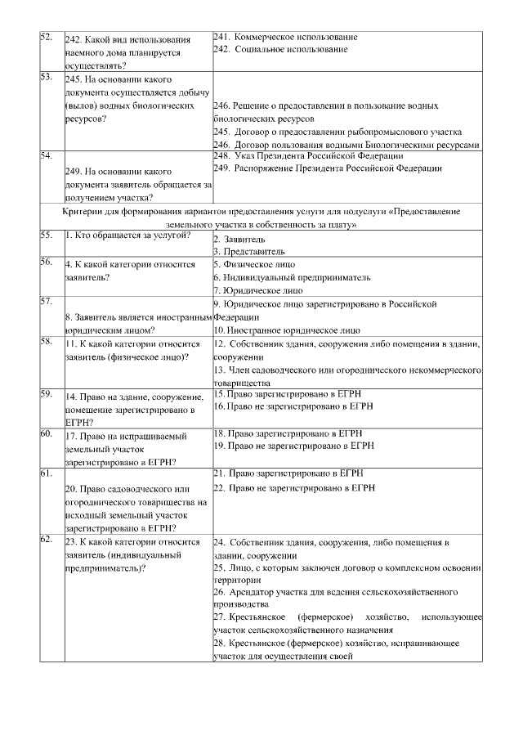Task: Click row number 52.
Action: [x=46, y=38]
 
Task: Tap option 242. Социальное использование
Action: [x=280, y=49]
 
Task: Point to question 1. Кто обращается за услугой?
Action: [x=127, y=235]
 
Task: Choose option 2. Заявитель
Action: [x=239, y=240]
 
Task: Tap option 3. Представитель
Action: [x=249, y=252]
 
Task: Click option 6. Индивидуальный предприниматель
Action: [x=292, y=277]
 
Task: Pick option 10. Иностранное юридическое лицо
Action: [x=287, y=330]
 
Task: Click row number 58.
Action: [x=46, y=342]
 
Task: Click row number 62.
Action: [x=46, y=540]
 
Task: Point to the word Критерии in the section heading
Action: [x=81, y=211]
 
